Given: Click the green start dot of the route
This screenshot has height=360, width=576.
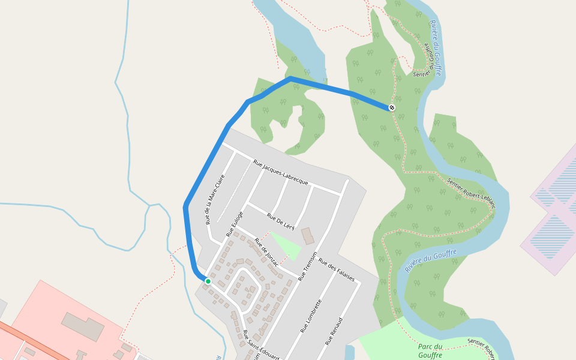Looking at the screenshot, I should pos(208,281).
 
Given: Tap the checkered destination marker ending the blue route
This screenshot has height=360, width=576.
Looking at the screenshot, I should pos(392,107).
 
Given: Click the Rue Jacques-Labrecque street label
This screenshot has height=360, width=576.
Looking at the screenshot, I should pos(280,172).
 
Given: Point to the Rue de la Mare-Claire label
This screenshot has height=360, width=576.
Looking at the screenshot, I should pos(215,199).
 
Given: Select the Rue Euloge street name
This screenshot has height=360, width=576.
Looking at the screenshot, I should pos(235,224).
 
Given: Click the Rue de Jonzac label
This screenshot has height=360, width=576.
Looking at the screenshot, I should pos(266,251).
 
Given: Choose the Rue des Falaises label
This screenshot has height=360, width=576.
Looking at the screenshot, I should pos(337,270).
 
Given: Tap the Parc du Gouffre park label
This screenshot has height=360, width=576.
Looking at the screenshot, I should pos(430,350).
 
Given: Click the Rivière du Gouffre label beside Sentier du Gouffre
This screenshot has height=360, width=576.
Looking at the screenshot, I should pos(436,47).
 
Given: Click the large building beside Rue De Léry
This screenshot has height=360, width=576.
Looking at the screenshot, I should pos(307,235).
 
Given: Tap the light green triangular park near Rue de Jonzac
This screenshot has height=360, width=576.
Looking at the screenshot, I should pos(286,245).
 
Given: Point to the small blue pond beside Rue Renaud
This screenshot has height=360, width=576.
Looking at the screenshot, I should pos(350,353).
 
